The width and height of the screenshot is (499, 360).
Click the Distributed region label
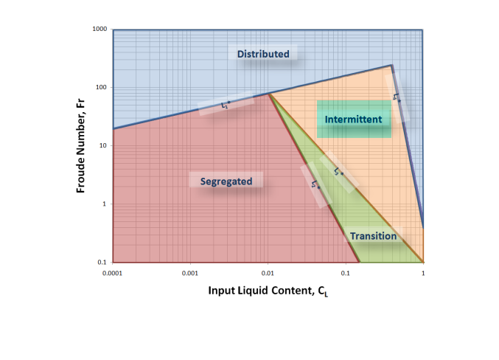click(264, 54)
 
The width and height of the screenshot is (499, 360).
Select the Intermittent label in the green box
click(353, 119)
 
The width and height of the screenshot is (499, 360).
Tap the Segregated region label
click(226, 181)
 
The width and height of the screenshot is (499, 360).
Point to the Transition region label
click(373, 236)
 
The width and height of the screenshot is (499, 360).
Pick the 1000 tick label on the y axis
click(99, 30)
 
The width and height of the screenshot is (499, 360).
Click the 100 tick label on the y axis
click(101, 88)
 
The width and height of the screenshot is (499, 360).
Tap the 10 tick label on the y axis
click(103, 146)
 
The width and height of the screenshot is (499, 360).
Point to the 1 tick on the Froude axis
click(105, 204)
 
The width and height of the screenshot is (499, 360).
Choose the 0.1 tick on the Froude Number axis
click(102, 263)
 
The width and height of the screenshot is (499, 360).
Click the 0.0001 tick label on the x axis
click(113, 272)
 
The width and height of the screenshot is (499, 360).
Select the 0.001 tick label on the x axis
click(190, 272)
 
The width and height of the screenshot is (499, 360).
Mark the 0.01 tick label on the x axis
click(268, 272)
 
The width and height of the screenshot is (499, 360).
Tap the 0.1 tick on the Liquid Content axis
click(345, 272)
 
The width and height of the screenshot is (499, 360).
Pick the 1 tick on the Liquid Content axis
click(423, 272)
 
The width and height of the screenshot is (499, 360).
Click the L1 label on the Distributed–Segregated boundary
click(226, 106)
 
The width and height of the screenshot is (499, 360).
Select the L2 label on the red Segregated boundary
click(315, 185)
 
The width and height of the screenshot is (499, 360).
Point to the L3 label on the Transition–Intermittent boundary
click(338, 173)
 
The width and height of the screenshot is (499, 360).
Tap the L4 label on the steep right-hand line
click(397, 97)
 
